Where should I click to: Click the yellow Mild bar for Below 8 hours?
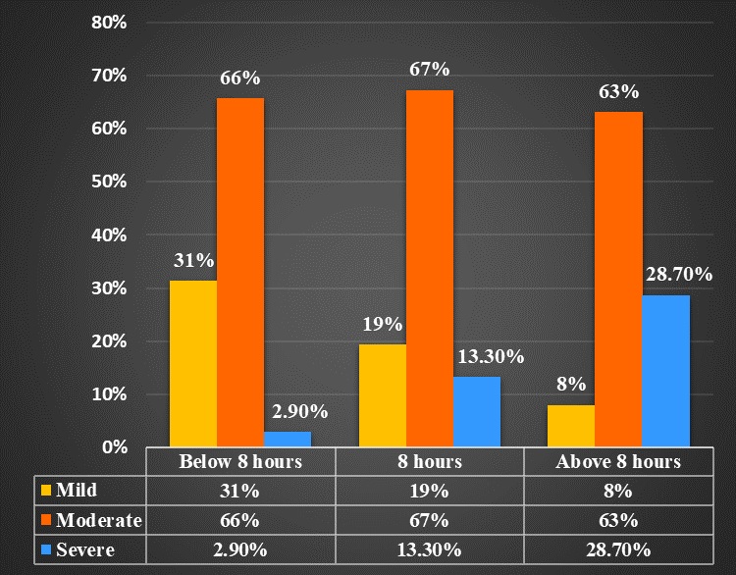[x=193, y=364]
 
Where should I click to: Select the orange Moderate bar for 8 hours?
[x=430, y=269]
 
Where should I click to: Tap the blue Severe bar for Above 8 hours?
[x=666, y=372]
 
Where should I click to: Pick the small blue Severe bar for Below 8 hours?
[x=288, y=440]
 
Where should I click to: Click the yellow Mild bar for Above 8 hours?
[x=571, y=426]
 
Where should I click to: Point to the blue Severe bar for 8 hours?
[x=477, y=412]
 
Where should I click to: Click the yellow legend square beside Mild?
[x=45, y=489]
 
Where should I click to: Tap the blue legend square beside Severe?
[x=45, y=550]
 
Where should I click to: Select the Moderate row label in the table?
[x=99, y=519]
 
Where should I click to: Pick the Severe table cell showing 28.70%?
[x=618, y=550]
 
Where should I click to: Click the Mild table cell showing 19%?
[x=430, y=489]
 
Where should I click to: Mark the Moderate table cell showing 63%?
[x=618, y=519]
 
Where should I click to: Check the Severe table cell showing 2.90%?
[x=239, y=550]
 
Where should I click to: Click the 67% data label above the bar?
[x=430, y=70]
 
